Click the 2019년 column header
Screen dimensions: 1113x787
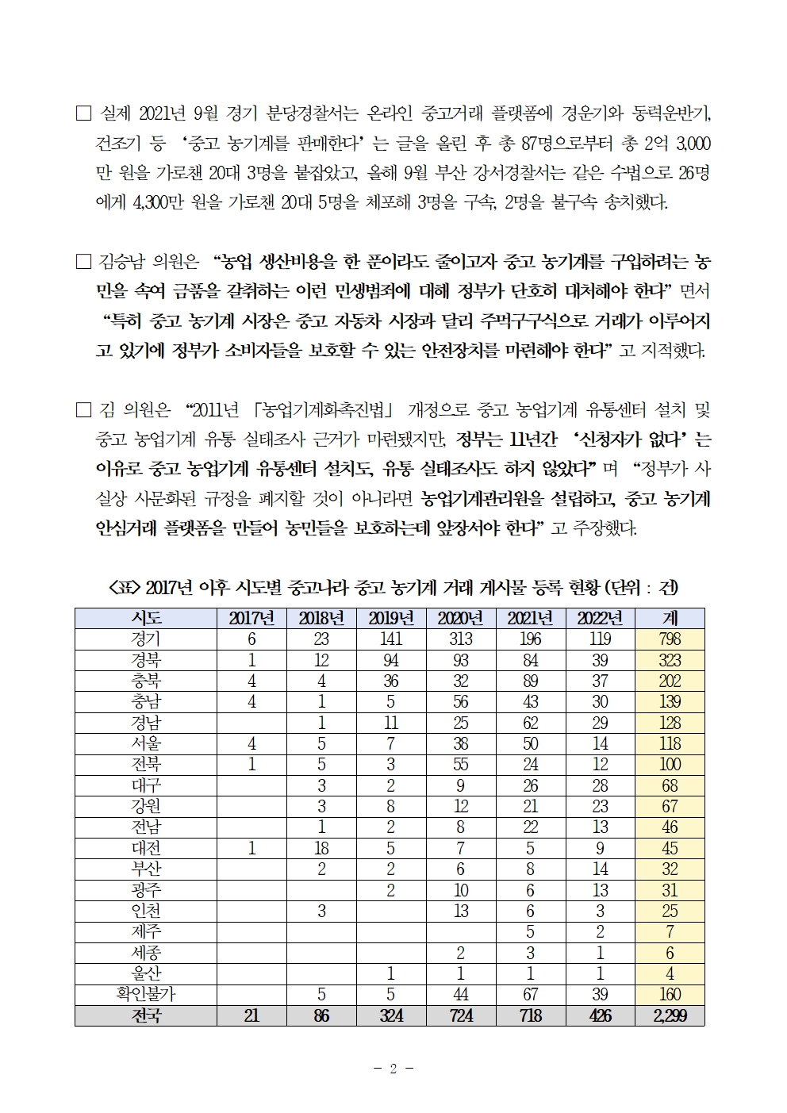(x=391, y=618)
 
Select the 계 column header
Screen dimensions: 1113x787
(x=670, y=618)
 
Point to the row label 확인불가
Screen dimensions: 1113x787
(x=146, y=994)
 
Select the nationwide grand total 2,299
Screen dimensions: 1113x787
(x=670, y=1015)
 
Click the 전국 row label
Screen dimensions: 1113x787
(x=146, y=1015)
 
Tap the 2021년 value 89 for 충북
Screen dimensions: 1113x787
(x=531, y=681)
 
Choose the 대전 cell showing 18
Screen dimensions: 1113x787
(x=321, y=848)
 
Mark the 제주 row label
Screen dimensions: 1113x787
(x=146, y=931)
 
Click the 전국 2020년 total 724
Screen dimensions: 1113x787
(x=461, y=1015)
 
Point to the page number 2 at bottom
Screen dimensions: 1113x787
(x=393, y=1069)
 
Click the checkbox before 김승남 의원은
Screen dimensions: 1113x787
(x=83, y=261)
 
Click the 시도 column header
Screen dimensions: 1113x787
(x=146, y=618)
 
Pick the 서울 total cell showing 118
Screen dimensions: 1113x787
(x=670, y=743)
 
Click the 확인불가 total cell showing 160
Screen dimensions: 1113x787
(x=670, y=994)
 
